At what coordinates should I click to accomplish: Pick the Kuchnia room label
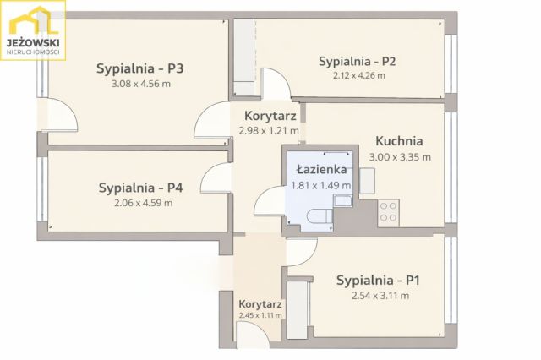pos(399,142)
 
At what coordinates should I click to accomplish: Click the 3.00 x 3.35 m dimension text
pos(399,156)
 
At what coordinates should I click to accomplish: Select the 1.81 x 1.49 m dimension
pos(314,185)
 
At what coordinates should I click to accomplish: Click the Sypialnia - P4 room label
pos(136,188)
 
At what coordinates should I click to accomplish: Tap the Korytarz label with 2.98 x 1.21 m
pos(269,116)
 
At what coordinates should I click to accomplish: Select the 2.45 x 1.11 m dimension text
pos(260,315)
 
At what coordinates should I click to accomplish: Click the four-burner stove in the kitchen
pos(389,211)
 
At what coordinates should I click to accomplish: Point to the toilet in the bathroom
pos(319,216)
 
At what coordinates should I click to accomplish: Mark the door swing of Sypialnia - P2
pos(276,87)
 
